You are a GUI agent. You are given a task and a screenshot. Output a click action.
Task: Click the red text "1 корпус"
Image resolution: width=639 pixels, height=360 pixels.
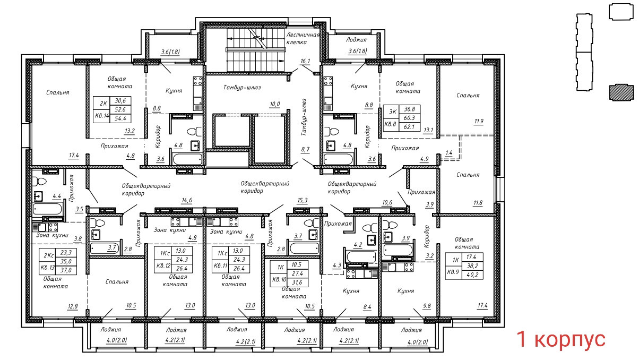click(561, 339)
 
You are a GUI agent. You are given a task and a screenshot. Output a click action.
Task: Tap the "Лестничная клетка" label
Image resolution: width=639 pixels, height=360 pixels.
click(303, 38)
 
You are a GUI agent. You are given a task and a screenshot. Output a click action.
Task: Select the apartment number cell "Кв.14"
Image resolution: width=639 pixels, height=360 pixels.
click(102, 116)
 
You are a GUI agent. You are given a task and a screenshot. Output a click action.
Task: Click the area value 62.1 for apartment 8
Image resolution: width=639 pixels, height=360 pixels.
click(409, 126)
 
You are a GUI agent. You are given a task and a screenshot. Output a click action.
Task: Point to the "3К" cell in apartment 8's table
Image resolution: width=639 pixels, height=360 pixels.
click(393, 112)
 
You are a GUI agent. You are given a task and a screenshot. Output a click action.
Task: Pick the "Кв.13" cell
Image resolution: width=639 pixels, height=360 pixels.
click(48, 268)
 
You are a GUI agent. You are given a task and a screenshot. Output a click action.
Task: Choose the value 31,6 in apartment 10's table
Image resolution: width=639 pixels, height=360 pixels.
click(297, 282)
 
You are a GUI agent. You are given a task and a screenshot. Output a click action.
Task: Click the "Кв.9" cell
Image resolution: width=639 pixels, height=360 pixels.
click(453, 272)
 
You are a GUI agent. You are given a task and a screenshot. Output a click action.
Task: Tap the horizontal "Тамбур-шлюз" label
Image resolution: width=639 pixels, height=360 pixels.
click(242, 88)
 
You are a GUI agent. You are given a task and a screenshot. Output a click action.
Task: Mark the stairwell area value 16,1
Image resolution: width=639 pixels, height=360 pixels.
click(305, 61)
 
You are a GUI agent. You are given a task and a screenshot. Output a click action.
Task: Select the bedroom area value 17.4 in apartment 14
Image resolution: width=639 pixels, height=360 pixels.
click(74, 155)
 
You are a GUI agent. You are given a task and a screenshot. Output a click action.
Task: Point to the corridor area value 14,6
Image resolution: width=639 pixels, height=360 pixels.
click(187, 200)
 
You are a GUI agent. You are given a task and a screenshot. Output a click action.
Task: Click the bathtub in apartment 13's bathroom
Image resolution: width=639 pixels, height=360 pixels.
click(47, 209)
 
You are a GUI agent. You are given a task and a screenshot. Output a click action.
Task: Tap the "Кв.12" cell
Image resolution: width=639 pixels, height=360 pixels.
click(163, 266)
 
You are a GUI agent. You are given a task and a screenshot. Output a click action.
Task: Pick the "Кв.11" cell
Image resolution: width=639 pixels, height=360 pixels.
click(221, 266)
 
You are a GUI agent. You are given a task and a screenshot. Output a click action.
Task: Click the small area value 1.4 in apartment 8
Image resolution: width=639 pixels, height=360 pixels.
click(449, 153)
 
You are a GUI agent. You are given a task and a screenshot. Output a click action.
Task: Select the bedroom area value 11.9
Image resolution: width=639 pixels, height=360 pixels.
click(479, 122)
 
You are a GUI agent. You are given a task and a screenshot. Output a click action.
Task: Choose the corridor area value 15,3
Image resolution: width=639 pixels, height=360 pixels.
click(303, 200)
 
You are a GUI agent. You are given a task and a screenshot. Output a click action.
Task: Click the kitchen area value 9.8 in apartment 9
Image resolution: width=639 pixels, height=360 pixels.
click(427, 306)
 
